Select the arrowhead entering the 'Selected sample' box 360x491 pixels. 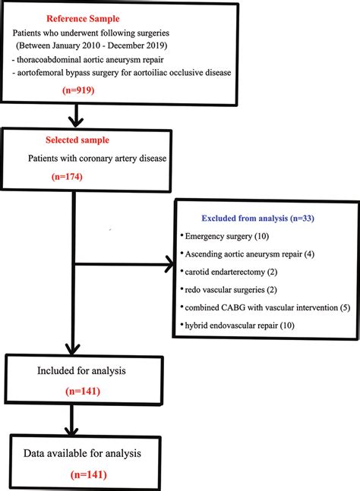click(x=74, y=121)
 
